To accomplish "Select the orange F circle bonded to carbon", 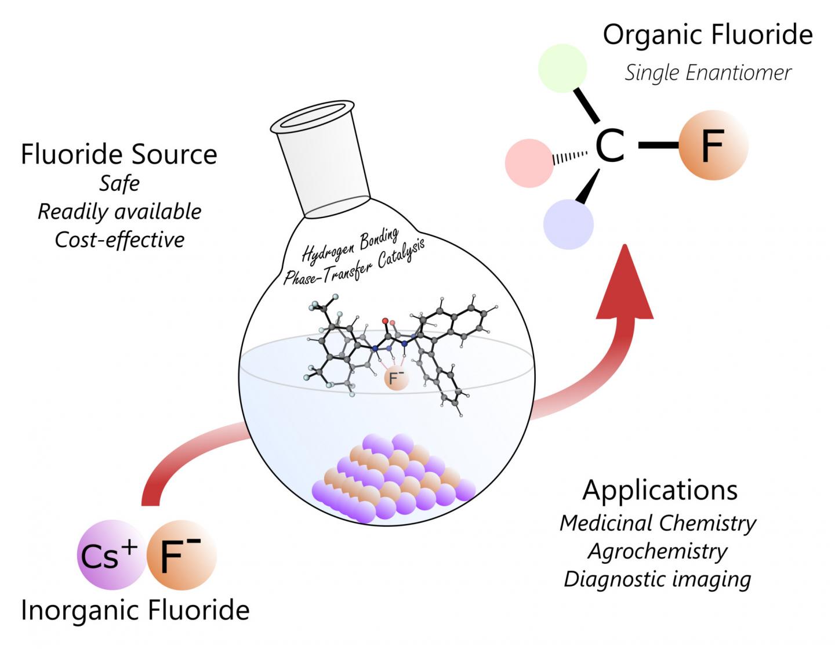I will click(713, 144).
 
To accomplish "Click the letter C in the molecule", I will click(610, 145).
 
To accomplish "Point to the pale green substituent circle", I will click(562, 68).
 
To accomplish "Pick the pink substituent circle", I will click(530, 160).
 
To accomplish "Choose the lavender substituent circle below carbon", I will click(568, 224).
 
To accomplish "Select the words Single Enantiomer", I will click(707, 73).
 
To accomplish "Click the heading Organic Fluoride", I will click(707, 35).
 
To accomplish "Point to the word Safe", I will click(119, 184).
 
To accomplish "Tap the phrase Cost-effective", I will click(119, 240).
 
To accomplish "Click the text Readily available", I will click(119, 212).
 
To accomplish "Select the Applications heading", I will click(660, 490).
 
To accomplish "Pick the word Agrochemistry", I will click(658, 551).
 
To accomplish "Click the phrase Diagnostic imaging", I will click(658, 579).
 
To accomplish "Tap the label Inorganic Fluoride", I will click(135, 611).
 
